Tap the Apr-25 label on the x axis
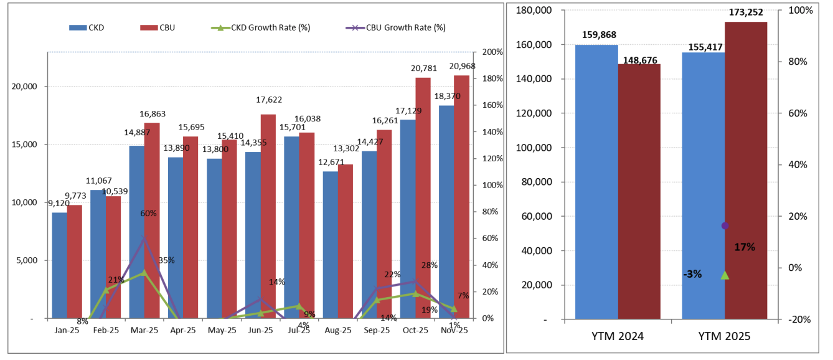(x=183, y=330)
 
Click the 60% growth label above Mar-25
(x=148, y=213)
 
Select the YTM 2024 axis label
(x=618, y=336)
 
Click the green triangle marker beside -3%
(x=725, y=275)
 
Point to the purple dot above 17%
(x=725, y=225)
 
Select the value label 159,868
(x=600, y=35)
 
